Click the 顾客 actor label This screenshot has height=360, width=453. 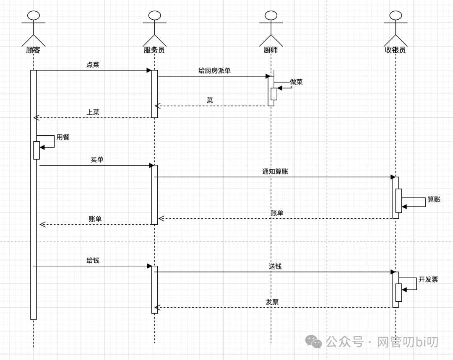pyautogui.click(x=33, y=50)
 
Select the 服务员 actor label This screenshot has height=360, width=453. pyautogui.click(x=154, y=50)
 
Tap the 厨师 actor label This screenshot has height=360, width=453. pyautogui.click(x=271, y=50)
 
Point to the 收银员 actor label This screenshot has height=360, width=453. pyautogui.click(x=395, y=50)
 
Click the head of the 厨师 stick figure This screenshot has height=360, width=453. pyautogui.click(x=271, y=16)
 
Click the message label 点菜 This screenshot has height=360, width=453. pyautogui.click(x=93, y=65)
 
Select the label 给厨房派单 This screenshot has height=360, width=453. pyautogui.click(x=214, y=70)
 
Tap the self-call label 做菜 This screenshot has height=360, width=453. pyautogui.click(x=296, y=82)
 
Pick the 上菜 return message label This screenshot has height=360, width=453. pyautogui.click(x=93, y=112)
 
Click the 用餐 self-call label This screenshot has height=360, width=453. pyautogui.click(x=63, y=137)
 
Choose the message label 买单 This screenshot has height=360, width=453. pyautogui.click(x=97, y=160)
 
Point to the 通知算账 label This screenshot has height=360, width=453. pyautogui.click(x=275, y=171)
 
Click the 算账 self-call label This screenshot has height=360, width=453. pyautogui.click(x=434, y=199)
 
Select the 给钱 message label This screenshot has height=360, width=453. pyautogui.click(x=93, y=260)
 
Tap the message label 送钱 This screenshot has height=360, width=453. pyautogui.click(x=275, y=266)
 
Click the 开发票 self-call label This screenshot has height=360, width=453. pyautogui.click(x=428, y=280)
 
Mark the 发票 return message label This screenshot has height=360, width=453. pyautogui.click(x=272, y=302)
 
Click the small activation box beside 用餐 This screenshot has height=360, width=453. pyautogui.click(x=36, y=150)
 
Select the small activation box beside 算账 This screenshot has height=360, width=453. pyautogui.click(x=398, y=201)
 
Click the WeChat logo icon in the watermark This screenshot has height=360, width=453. pyautogui.click(x=314, y=342)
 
